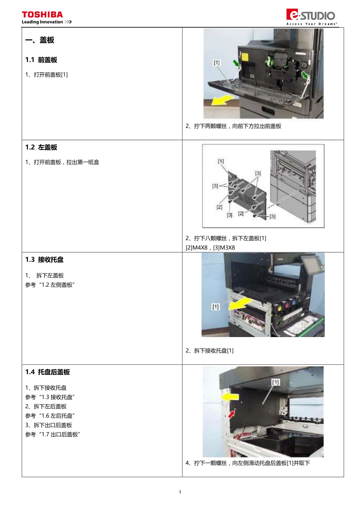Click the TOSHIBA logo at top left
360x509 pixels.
(42, 15)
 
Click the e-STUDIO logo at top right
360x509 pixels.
(311, 15)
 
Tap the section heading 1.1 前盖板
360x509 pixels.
(41, 60)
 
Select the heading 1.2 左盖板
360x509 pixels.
(41, 147)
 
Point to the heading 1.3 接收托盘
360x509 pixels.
(44, 260)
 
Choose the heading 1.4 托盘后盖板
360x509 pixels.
(47, 372)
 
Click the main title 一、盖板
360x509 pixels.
(39, 40)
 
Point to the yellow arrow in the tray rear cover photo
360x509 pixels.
(230, 397)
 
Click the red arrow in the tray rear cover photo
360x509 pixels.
(232, 414)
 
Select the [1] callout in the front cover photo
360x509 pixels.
(216, 62)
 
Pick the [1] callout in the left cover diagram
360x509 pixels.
(221, 161)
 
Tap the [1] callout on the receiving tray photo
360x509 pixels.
(215, 306)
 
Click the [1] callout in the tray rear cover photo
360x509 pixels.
(275, 382)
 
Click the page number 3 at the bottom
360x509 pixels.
(180, 492)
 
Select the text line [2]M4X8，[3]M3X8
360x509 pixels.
(210, 248)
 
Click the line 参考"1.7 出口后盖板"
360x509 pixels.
(53, 434)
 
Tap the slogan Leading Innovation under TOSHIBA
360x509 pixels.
(42, 22)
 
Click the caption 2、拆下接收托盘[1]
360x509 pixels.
(210, 351)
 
